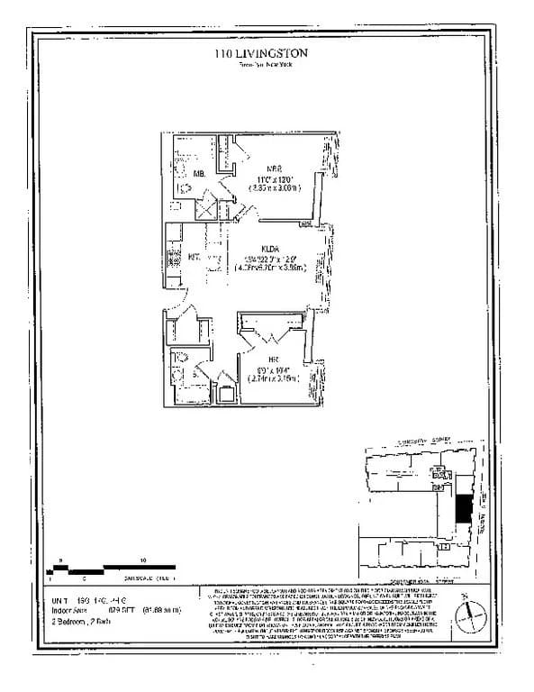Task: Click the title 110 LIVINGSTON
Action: pos(261,54)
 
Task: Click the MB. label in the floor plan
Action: pos(198,172)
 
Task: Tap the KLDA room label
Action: pos(271,249)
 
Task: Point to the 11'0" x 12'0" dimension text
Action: pos(270,178)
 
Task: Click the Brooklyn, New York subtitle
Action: pos(261,65)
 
